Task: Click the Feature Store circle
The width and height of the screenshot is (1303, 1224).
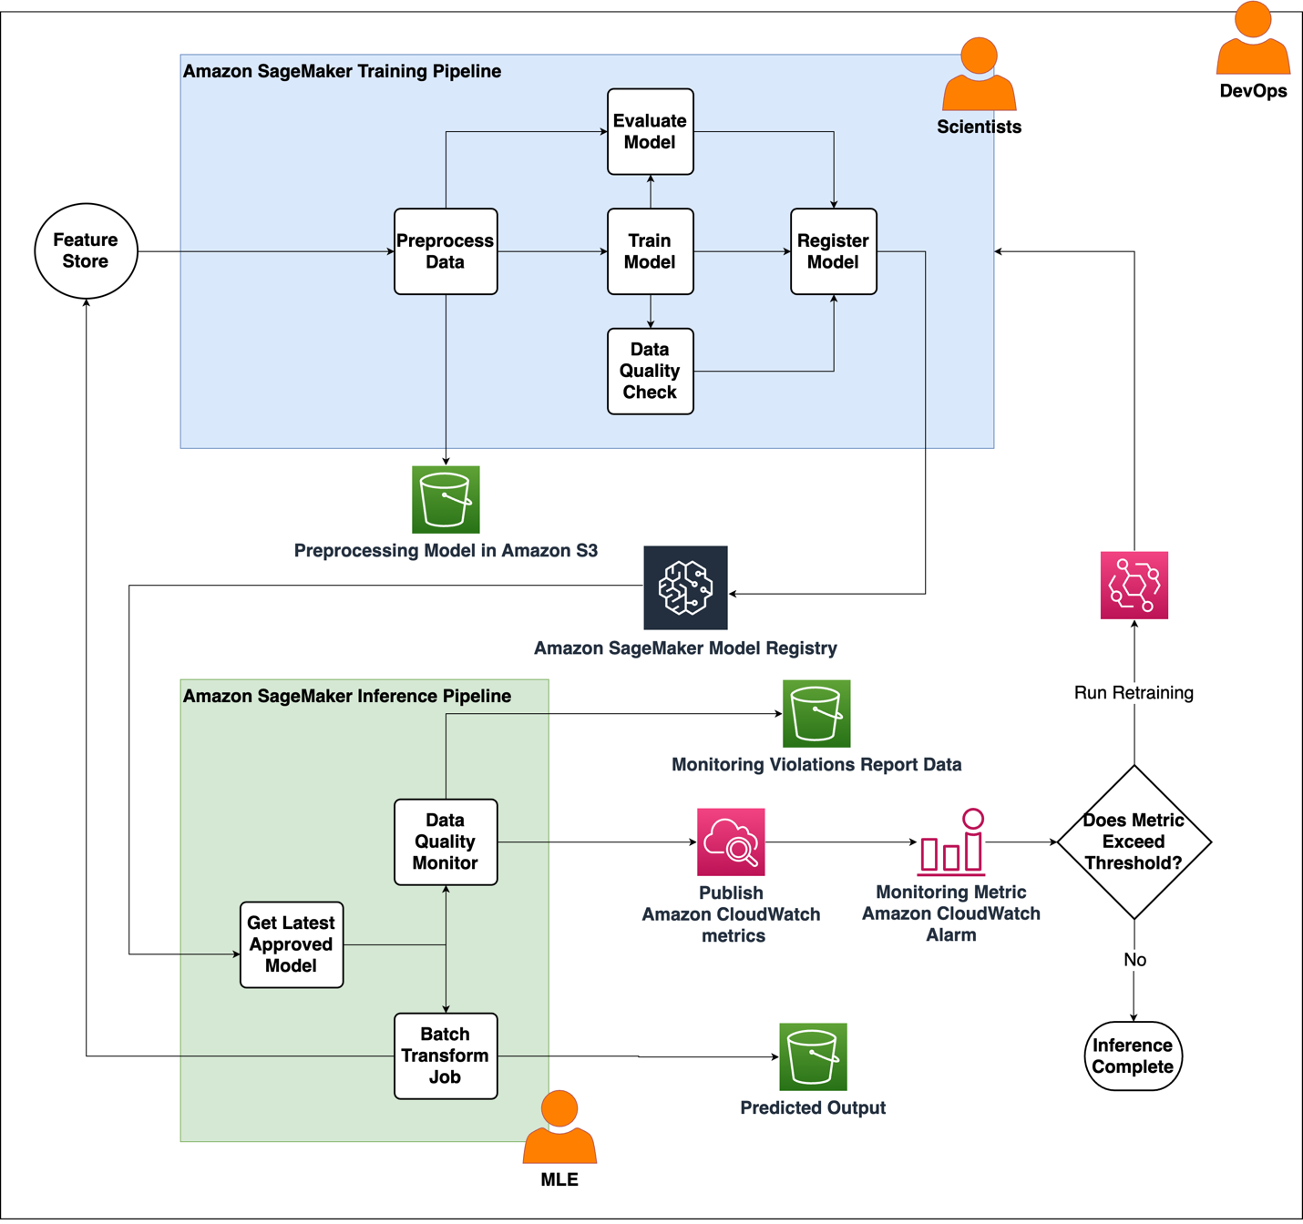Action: (x=86, y=250)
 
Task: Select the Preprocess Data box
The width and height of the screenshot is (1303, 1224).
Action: (x=446, y=251)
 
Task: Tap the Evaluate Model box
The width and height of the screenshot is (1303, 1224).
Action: (x=650, y=131)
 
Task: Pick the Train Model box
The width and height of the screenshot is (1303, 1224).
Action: (x=650, y=251)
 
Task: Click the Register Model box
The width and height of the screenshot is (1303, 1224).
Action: (x=833, y=251)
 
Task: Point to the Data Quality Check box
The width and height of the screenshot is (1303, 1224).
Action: (x=650, y=371)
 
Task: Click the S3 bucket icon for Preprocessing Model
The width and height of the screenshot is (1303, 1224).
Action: (x=446, y=500)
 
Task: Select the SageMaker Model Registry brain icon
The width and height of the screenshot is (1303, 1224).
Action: (x=685, y=587)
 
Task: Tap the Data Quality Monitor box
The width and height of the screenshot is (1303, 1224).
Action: (x=446, y=841)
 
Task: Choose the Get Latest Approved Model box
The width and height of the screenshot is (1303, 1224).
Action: (x=292, y=944)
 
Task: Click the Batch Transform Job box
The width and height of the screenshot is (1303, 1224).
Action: (x=446, y=1056)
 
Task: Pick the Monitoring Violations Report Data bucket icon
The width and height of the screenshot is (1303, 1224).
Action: (x=816, y=713)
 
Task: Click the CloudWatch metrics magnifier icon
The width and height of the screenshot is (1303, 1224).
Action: (x=731, y=841)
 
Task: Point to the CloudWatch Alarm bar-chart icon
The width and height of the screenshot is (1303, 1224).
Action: (x=951, y=842)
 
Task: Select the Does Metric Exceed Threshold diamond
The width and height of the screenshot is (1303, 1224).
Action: (x=1134, y=841)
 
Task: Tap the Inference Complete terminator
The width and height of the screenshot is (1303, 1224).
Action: (x=1133, y=1056)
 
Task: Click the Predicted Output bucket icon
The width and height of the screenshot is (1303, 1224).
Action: (x=813, y=1056)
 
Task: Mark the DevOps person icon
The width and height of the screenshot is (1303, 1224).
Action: (x=1253, y=40)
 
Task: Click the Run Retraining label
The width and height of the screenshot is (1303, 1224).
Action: (x=1134, y=692)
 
